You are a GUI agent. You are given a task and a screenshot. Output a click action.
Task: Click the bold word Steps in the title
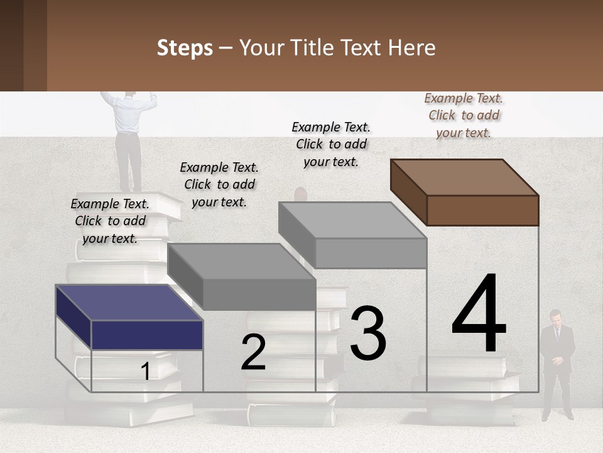(x=185, y=48)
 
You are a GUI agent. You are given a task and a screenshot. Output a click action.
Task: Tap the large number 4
(x=479, y=314)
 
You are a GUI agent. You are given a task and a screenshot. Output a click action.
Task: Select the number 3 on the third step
(x=368, y=333)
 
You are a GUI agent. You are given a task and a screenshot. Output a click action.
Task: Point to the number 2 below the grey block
(x=253, y=352)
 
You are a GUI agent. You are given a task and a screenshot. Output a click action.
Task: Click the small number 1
(x=145, y=372)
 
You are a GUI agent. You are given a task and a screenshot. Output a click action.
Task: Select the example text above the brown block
(x=464, y=115)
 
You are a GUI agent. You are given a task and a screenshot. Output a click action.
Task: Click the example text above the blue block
(x=110, y=221)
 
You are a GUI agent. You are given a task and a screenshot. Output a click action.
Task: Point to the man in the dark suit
(x=557, y=365)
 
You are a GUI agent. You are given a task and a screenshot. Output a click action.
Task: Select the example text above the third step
(x=331, y=144)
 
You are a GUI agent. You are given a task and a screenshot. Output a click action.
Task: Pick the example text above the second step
(x=219, y=184)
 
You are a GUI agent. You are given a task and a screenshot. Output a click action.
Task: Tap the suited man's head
(x=556, y=316)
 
